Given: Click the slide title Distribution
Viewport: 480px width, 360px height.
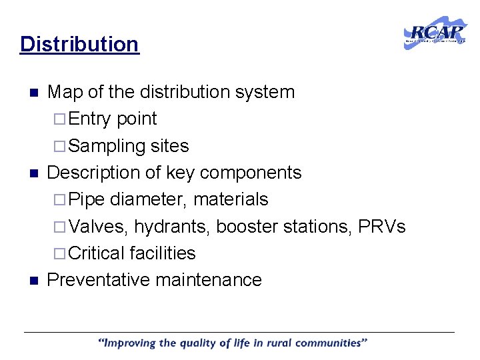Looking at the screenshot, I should click(79, 44).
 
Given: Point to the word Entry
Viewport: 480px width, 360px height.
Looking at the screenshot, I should click(90, 119).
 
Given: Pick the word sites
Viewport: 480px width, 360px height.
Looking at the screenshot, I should click(169, 146).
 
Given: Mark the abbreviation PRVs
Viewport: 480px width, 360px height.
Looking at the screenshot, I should click(381, 227).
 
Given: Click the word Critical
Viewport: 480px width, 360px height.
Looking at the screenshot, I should click(97, 253).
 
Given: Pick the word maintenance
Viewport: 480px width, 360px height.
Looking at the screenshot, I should click(209, 280).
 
